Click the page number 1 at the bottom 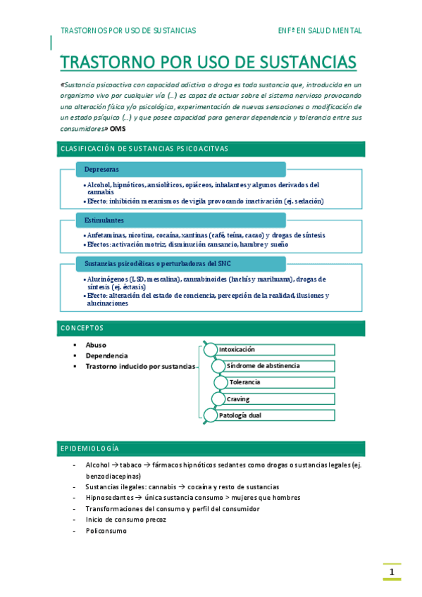pos(392,571)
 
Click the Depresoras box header pos(180,170)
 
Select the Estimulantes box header pos(180,220)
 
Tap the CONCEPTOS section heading pos(82,328)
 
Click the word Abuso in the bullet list pos(96,345)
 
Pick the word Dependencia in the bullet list pos(106,356)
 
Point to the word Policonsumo pos(106,530)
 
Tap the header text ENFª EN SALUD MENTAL pos(320,31)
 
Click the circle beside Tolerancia pos(220,382)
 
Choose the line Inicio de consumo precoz pos(125,519)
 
